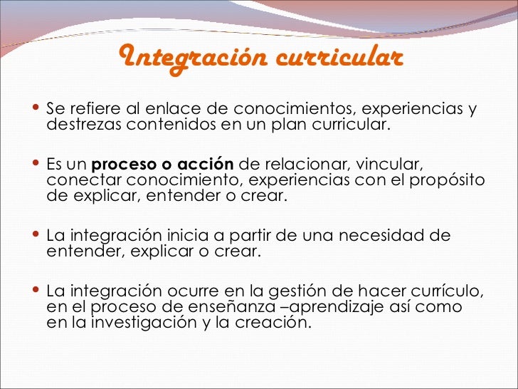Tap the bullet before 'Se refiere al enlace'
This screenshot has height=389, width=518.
(36, 109)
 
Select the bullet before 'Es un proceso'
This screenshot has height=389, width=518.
(36, 163)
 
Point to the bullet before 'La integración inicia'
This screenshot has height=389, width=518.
(36, 234)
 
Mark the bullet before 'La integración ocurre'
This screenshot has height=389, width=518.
(36, 290)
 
